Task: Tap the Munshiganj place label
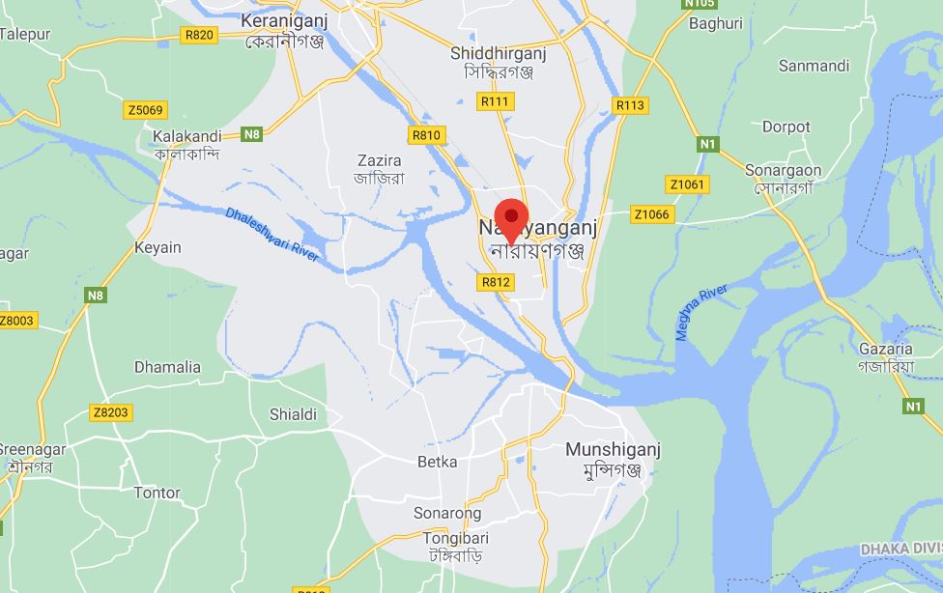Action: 613,450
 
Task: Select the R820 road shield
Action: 199,35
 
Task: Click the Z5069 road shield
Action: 145,110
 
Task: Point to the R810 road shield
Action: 426,135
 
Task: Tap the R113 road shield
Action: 630,105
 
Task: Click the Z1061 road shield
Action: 687,184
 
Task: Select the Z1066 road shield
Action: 651,214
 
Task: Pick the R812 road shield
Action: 495,282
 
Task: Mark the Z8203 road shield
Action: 110,412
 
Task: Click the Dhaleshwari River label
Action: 271,235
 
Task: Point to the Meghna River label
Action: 701,312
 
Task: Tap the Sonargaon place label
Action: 783,171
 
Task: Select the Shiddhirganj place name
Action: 499,54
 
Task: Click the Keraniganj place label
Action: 284,21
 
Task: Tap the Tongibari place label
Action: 455,538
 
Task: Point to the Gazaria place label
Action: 885,350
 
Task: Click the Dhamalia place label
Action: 167,367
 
